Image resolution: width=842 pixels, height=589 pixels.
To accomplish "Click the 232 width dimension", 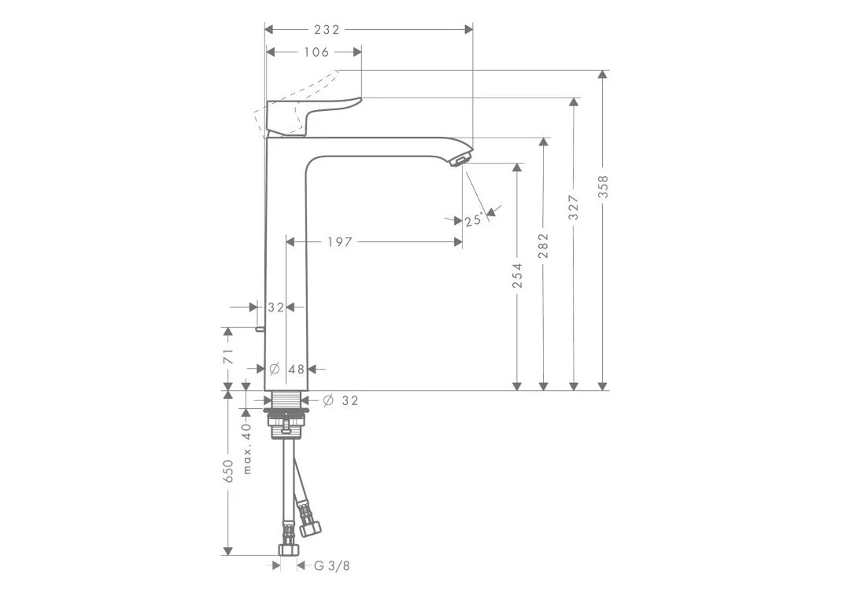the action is pyautogui.click(x=327, y=30).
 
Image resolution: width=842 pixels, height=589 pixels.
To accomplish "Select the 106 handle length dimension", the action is pyautogui.click(x=316, y=52).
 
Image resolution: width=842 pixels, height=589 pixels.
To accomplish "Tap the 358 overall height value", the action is pyautogui.click(x=604, y=186).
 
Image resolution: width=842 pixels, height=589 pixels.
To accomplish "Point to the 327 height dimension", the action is pyautogui.click(x=574, y=208).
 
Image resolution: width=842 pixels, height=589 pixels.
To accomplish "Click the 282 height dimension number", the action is pyautogui.click(x=544, y=245).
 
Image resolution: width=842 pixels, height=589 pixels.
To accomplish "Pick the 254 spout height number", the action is pyautogui.click(x=516, y=275).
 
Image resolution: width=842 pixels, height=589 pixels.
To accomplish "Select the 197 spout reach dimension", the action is pyautogui.click(x=340, y=242).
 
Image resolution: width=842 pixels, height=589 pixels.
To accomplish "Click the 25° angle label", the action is pyautogui.click(x=475, y=220).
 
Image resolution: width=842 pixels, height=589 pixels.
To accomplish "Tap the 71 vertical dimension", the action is pyautogui.click(x=229, y=356).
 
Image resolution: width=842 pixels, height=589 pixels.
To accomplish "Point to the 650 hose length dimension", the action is pyautogui.click(x=229, y=471).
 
